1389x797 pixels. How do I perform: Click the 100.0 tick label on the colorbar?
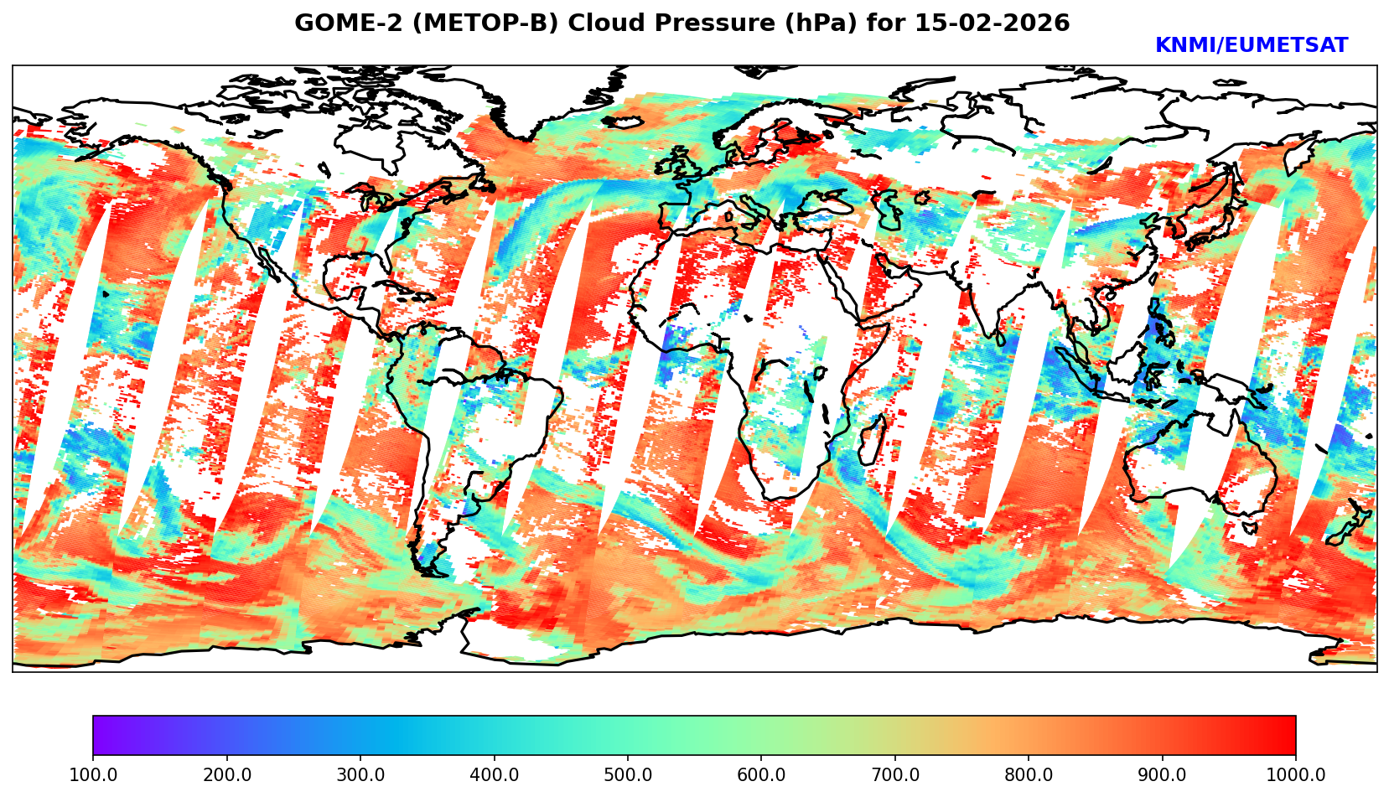point(93,775)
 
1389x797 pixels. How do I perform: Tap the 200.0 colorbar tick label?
point(226,775)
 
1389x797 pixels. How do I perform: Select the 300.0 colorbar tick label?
point(360,775)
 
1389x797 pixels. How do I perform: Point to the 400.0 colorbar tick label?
point(494,775)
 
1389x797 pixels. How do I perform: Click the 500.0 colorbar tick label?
point(628,775)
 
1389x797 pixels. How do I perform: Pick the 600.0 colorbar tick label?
point(761,775)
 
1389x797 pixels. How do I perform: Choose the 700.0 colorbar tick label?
point(895,775)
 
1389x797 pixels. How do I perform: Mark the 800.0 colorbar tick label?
point(1029,775)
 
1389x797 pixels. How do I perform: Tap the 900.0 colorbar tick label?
point(1163,775)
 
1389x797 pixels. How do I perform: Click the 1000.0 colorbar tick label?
point(1296,775)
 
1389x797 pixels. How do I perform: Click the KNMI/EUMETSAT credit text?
point(1251,46)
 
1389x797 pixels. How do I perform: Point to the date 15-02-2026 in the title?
point(992,23)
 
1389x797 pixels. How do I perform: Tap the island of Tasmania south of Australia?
point(1250,528)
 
